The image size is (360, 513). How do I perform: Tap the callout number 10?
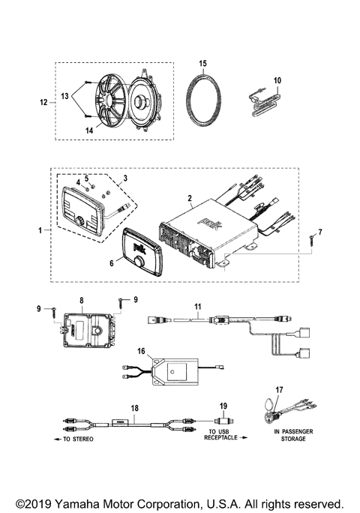277,80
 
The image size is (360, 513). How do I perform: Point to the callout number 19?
222,407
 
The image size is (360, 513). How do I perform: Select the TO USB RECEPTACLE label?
221,436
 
